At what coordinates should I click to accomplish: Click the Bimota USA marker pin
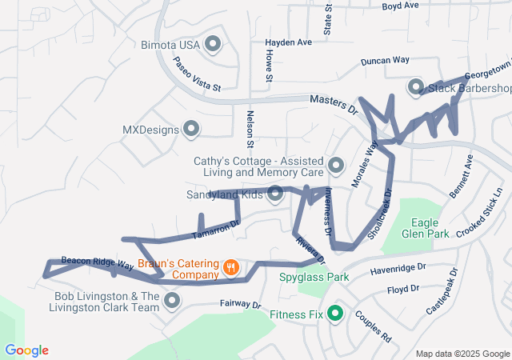(213, 44)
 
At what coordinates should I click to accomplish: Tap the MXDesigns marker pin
(191, 129)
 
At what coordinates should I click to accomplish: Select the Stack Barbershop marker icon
(415, 87)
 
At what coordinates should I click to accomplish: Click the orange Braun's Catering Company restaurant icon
(230, 268)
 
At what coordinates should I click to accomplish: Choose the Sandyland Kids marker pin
(275, 194)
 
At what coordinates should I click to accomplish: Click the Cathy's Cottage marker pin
(336, 166)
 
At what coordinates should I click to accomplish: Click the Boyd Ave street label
(401, 6)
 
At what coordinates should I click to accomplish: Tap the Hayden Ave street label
(289, 42)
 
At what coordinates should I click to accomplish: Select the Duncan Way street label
(385, 60)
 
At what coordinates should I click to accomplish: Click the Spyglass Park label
(314, 278)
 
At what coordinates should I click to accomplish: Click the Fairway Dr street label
(241, 305)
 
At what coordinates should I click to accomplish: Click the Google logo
(26, 350)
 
